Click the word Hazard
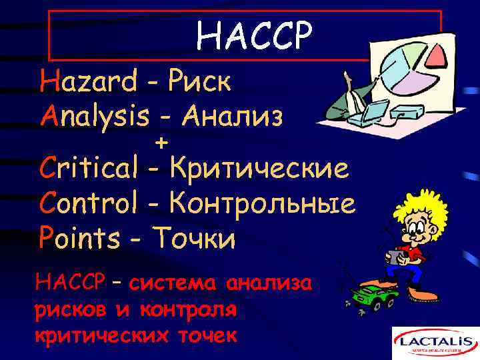(x=89, y=83)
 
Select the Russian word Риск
(x=199, y=83)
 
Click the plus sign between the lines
(x=161, y=143)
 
